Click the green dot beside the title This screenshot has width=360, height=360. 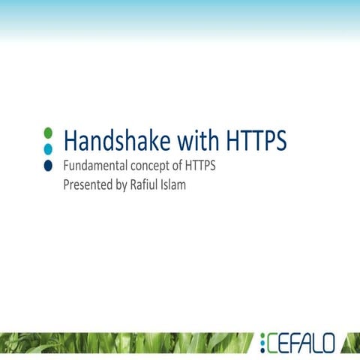coord(48,133)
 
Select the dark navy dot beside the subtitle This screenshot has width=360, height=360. coord(48,165)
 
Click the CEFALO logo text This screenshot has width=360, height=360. coord(298,343)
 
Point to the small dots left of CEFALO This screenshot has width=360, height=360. coord(262,343)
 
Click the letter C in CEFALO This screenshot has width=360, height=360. coord(273,343)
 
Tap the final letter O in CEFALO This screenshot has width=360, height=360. coord(327,343)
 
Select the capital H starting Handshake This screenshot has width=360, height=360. coord(71,140)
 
